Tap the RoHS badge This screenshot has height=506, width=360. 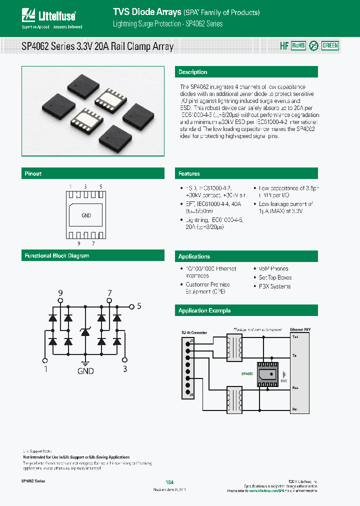pos(298,45)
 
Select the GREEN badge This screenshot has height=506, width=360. pos(330,45)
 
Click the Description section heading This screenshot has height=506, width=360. pos(193,72)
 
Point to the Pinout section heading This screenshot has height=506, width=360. pos(33,174)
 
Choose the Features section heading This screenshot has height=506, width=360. pos(189,174)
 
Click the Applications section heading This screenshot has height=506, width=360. pos(194,256)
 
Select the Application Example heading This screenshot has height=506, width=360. pos(204,310)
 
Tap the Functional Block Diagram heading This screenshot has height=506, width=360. pos(57,256)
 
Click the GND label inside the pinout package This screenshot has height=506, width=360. pos(86,215)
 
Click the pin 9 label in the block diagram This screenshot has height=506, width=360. pos(61,292)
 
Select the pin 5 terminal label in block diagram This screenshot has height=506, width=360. pos(139,306)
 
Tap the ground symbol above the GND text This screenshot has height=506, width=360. pos(85,363)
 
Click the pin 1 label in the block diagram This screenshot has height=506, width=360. pos(45,369)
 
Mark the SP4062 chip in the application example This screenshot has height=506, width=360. pos(265,373)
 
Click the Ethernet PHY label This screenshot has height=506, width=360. pos(300,330)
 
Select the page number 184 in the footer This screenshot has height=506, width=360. pos(169,482)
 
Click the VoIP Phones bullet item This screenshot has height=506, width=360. pos(273,268)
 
